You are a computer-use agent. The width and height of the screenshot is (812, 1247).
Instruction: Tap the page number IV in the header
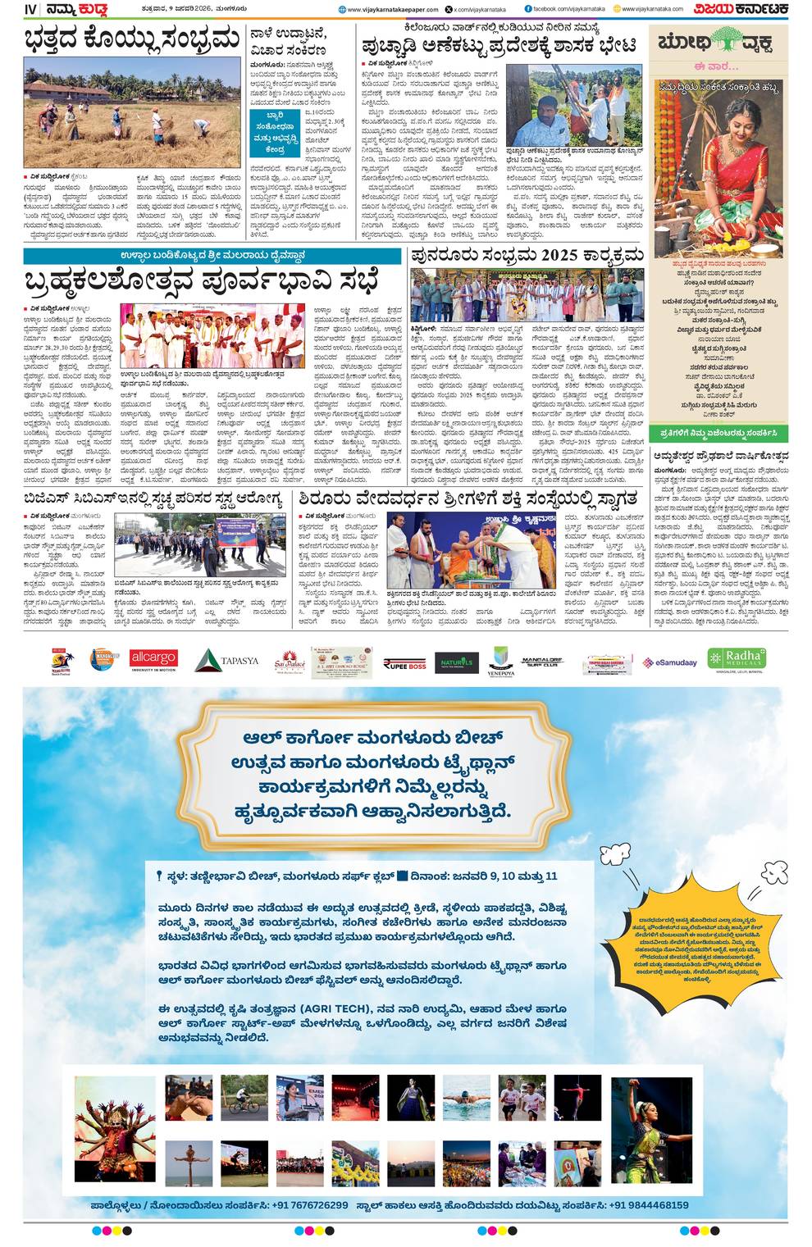click(x=31, y=10)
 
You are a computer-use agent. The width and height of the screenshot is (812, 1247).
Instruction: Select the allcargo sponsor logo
click(x=153, y=659)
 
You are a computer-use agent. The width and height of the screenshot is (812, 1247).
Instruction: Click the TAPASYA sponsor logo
click(x=227, y=660)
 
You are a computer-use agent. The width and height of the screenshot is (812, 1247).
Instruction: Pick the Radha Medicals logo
click(x=737, y=659)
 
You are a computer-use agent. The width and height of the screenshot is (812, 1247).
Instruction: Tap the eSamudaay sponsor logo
click(x=669, y=662)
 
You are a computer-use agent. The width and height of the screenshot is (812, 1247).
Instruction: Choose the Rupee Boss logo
click(x=404, y=663)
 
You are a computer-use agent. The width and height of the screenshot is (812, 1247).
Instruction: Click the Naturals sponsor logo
click(x=456, y=662)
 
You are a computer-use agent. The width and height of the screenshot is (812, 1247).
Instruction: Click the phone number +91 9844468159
click(x=642, y=1204)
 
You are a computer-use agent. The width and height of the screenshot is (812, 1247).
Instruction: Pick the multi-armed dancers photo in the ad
click(x=114, y=1129)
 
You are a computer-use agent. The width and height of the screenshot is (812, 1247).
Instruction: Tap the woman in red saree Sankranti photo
click(x=718, y=168)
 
